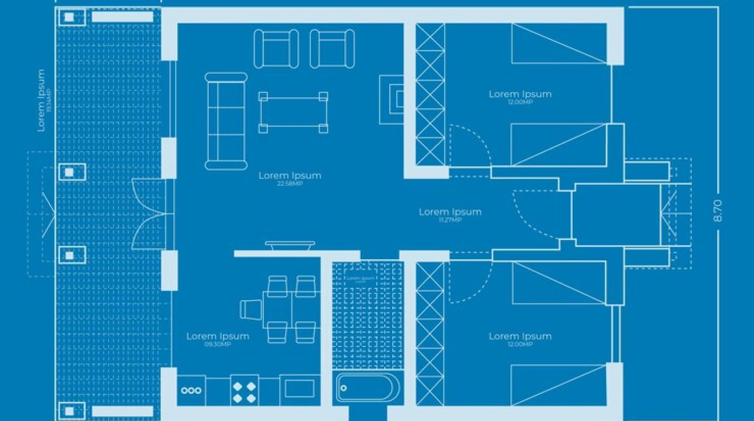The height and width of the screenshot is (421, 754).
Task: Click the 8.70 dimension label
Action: coord(718,211)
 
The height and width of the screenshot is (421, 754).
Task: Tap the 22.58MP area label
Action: coord(289,183)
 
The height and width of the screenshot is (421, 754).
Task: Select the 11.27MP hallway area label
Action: coord(449,220)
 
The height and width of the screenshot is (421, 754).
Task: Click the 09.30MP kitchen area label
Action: coord(217,344)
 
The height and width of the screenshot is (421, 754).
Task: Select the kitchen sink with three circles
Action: coord(191,391)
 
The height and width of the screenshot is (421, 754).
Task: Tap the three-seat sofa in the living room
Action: coord(226,121)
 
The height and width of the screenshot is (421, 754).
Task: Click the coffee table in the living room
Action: coord(293,112)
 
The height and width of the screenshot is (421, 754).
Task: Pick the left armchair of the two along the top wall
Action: coord(276,49)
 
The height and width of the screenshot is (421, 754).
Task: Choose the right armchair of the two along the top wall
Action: coord(332,49)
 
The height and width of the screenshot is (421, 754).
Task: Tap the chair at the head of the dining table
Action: coord(251,310)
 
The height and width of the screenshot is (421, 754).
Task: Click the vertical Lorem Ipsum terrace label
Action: coord(41,100)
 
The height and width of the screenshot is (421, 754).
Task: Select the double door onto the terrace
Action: coord(149,214)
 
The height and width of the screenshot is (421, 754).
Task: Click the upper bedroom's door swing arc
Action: coord(471,147)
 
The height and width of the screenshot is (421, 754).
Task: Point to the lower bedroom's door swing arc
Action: coord(472,284)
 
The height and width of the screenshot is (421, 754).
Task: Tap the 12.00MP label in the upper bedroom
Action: coord(520,102)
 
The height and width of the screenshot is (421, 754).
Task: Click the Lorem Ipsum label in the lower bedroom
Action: coord(520,336)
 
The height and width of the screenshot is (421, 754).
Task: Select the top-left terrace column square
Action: coord(70,18)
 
